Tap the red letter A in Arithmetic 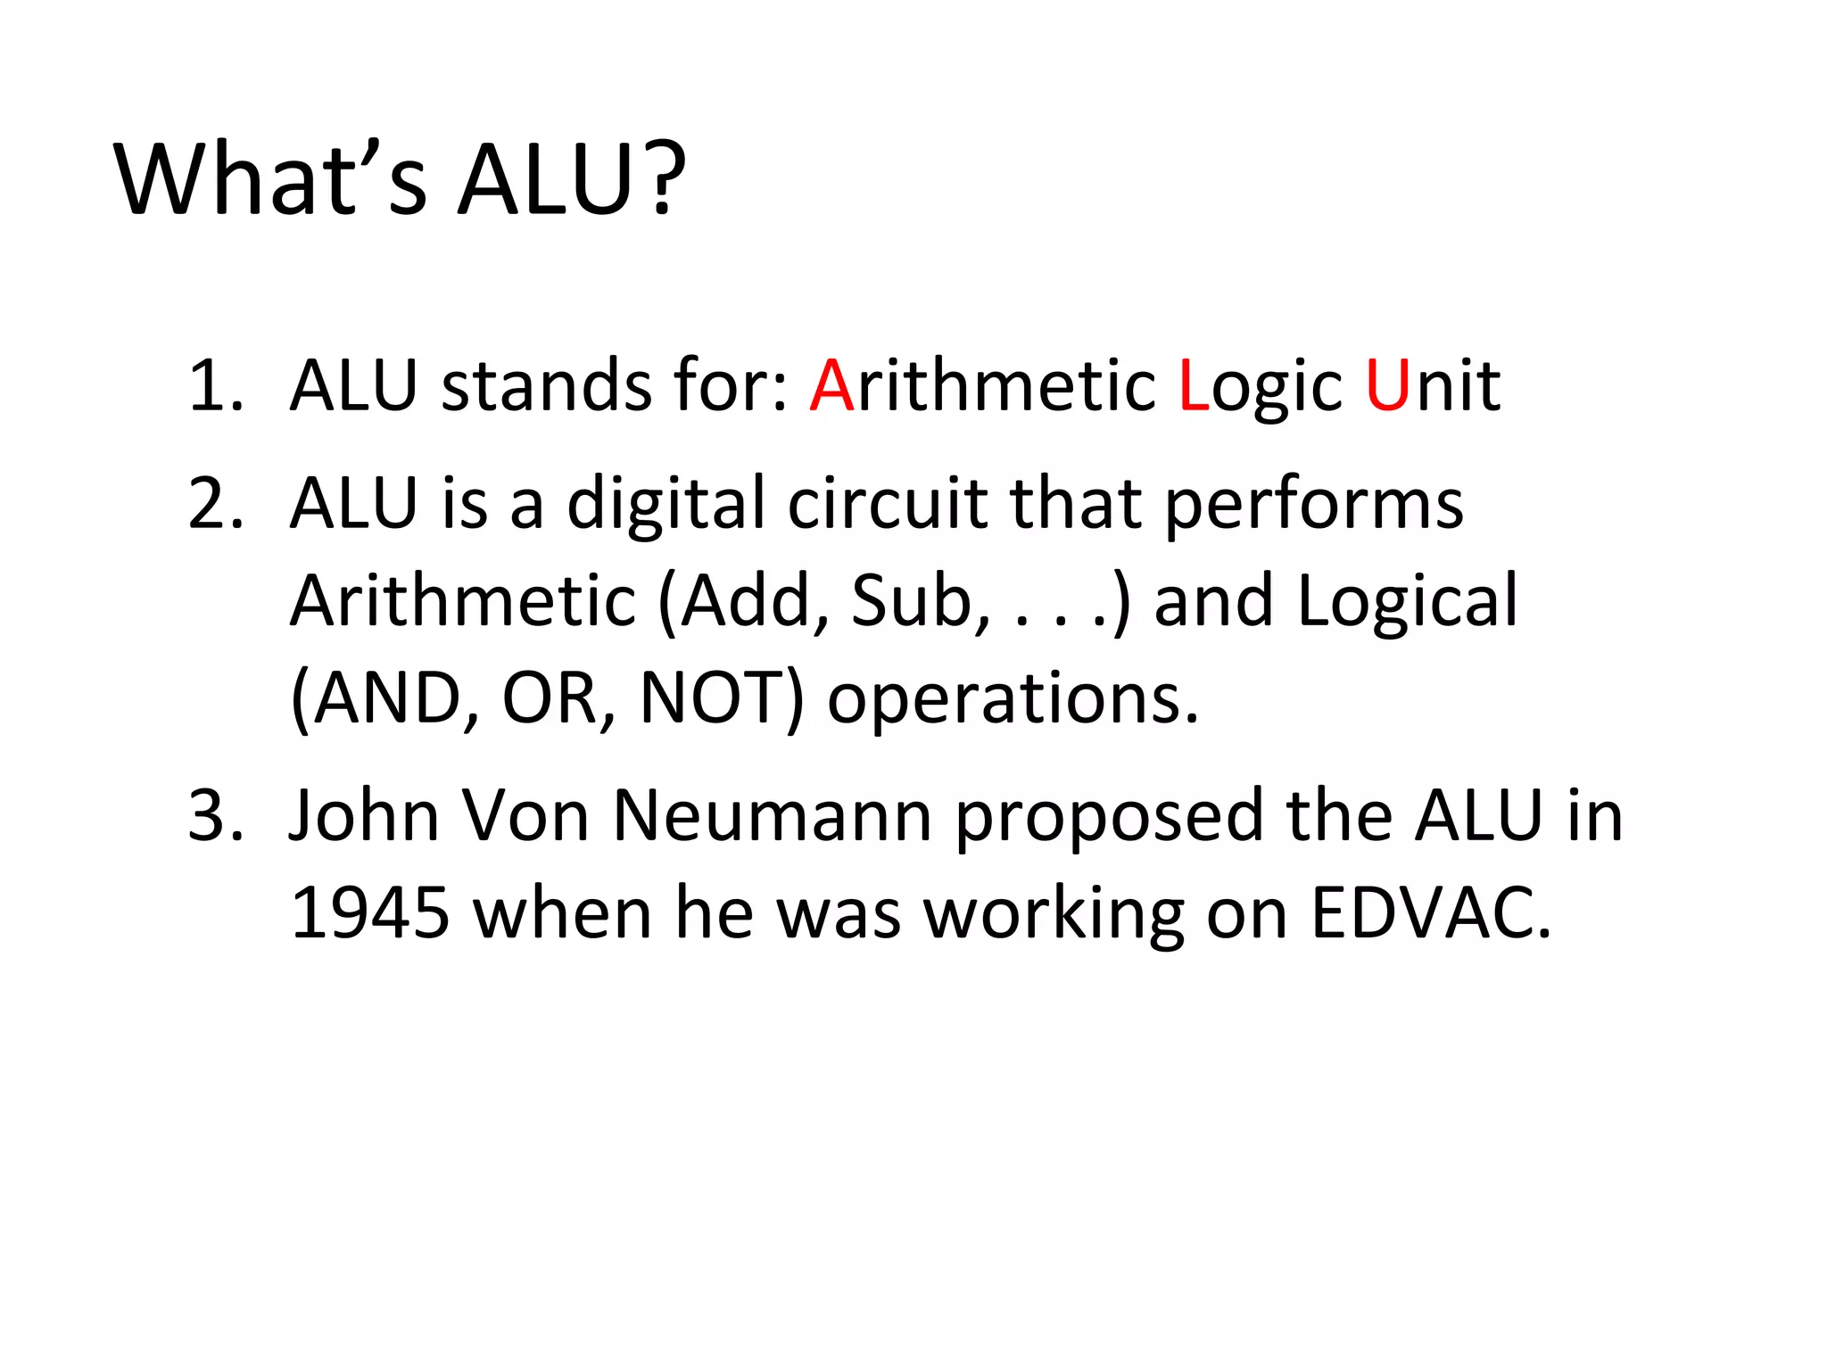tap(832, 386)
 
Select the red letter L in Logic tap(1194, 386)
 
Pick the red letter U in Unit tap(1388, 386)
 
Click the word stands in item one tap(546, 386)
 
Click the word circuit tap(886, 504)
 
